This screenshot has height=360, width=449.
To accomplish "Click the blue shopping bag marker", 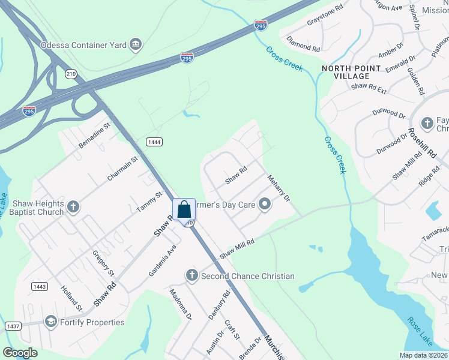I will (x=184, y=210).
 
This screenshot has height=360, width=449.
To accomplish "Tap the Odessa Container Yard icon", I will (x=136, y=44).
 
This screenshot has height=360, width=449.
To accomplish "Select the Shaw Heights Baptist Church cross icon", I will (x=73, y=207).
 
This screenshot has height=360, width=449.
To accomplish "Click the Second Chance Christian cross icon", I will (x=192, y=276).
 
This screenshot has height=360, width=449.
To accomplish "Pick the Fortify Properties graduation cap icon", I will (x=50, y=322).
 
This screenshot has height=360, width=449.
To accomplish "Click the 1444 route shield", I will (x=154, y=141).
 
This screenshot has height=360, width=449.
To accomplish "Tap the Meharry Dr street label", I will (x=279, y=188).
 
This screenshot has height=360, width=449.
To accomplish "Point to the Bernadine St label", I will (x=95, y=136).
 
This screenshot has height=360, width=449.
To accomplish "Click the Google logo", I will (x=20, y=353).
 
